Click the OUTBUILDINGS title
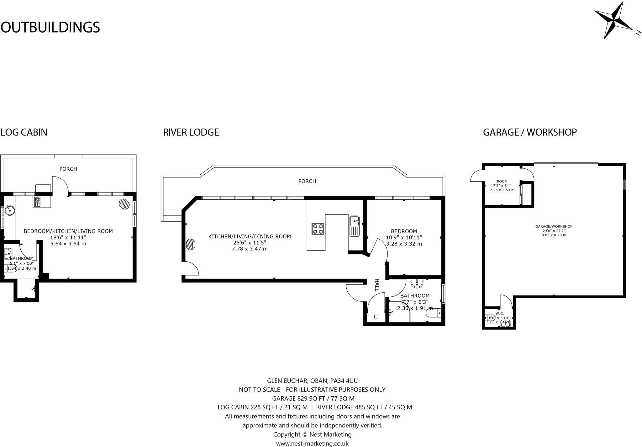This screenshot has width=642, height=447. [50, 27]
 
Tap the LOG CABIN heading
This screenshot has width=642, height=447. [24, 132]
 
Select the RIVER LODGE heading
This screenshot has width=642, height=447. [191, 132]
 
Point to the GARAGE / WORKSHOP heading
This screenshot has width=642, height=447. [530, 132]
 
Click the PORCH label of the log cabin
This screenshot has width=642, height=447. [68, 169]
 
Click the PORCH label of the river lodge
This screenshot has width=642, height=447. [307, 181]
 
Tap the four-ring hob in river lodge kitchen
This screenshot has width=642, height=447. [318, 229]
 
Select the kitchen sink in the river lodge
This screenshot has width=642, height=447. [355, 226]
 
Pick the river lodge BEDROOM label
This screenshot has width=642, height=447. [404, 231]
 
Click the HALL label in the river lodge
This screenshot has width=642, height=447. [377, 285]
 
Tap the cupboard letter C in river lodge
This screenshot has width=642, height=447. [376, 317]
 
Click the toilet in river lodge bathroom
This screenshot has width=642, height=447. [434, 313]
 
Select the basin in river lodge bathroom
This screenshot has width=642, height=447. [417, 284]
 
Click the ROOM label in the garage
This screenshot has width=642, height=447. [502, 182]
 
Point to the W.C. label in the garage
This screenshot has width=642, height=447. [500, 314]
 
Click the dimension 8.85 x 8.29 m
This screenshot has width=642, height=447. [554, 235]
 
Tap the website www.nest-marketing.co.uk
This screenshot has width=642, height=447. [312, 443]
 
